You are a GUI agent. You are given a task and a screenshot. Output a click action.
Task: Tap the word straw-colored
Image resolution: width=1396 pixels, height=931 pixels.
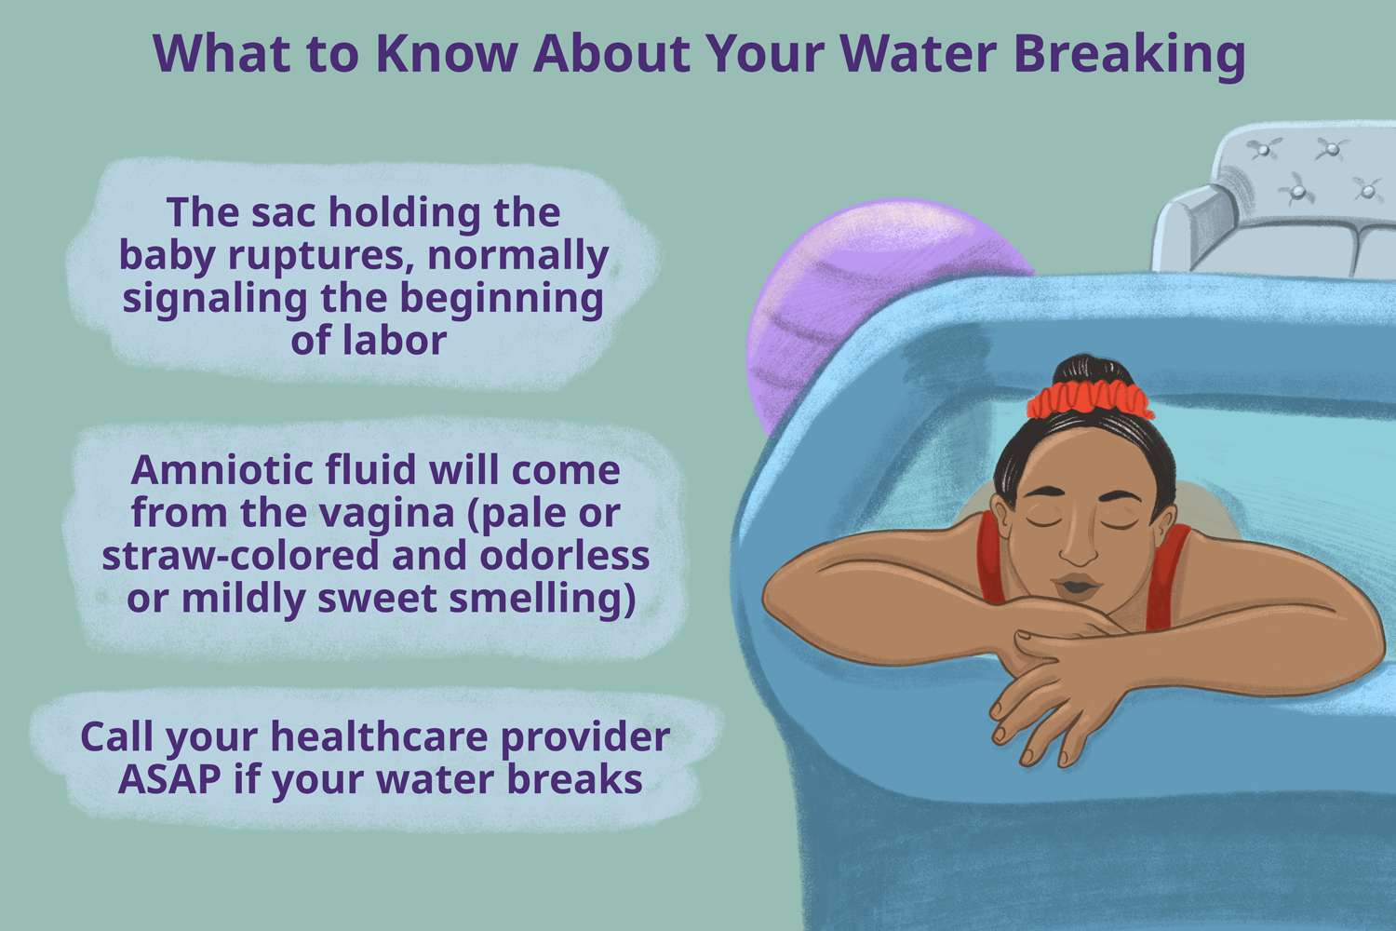240,555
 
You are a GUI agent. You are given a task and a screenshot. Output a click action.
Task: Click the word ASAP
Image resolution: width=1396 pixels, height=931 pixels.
169,778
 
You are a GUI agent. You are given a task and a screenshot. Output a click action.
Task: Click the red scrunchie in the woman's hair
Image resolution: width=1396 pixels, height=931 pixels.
1090,400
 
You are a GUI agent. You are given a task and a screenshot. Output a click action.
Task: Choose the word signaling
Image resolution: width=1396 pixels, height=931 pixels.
215,300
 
